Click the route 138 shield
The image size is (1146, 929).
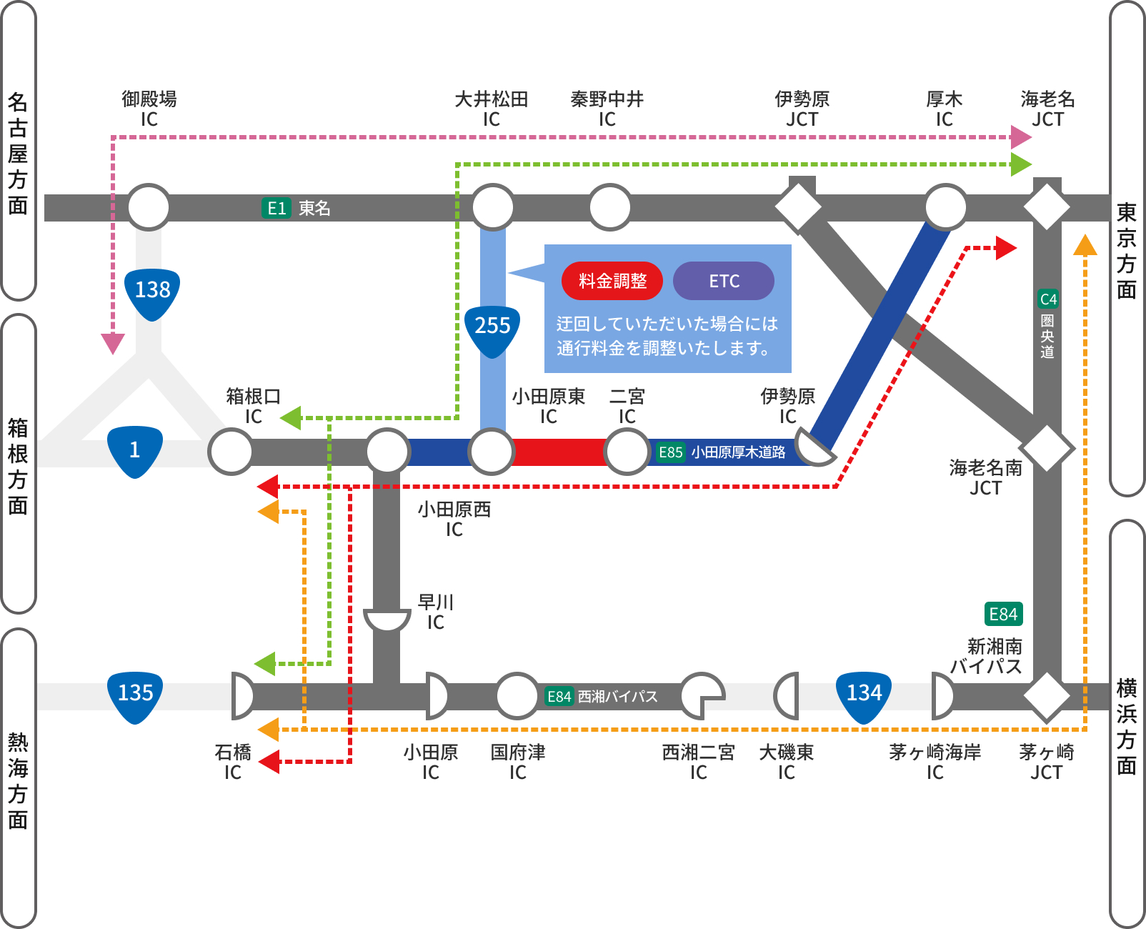[152, 292]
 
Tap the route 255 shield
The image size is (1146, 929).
[492, 328]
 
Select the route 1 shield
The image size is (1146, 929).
[134, 450]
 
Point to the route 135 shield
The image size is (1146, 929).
[135, 694]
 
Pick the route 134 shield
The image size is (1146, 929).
[864, 694]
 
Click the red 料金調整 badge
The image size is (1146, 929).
[612, 281]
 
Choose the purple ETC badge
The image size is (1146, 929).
[724, 281]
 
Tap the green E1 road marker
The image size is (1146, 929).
[276, 208]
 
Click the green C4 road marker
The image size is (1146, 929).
[1047, 299]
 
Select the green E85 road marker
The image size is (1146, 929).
[670, 452]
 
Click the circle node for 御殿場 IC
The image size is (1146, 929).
[149, 207]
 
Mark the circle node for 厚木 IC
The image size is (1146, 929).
[945, 207]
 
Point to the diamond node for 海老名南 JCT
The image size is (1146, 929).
[1047, 448]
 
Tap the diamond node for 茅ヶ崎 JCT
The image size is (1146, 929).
[1047, 695]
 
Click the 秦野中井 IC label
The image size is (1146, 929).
[607, 108]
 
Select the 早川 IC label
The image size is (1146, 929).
[435, 612]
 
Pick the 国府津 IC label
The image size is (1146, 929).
[517, 762]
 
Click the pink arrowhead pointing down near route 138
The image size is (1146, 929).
[113, 344]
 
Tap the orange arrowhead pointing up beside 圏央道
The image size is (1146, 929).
[1085, 245]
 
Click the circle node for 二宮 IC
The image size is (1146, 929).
[627, 452]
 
